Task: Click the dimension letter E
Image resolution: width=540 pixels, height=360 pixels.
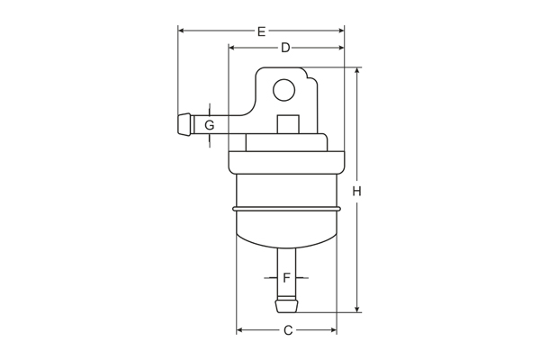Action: click(x=261, y=31)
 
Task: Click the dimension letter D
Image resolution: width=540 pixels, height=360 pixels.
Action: click(x=285, y=47)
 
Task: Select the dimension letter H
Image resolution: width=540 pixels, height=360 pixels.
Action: click(x=357, y=191)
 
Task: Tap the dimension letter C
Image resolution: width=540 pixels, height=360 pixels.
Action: click(x=288, y=330)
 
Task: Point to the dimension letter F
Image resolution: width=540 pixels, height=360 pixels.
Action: click(x=286, y=278)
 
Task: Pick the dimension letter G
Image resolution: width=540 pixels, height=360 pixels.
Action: click(x=209, y=125)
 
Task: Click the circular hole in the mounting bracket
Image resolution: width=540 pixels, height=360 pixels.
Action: click(x=284, y=89)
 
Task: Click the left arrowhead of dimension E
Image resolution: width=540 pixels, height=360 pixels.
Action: click(x=182, y=31)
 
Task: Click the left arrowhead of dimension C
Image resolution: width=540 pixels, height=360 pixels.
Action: click(x=240, y=330)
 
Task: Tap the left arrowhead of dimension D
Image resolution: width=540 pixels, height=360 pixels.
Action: click(x=233, y=47)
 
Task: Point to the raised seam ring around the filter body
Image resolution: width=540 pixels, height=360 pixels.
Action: click(x=286, y=209)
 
